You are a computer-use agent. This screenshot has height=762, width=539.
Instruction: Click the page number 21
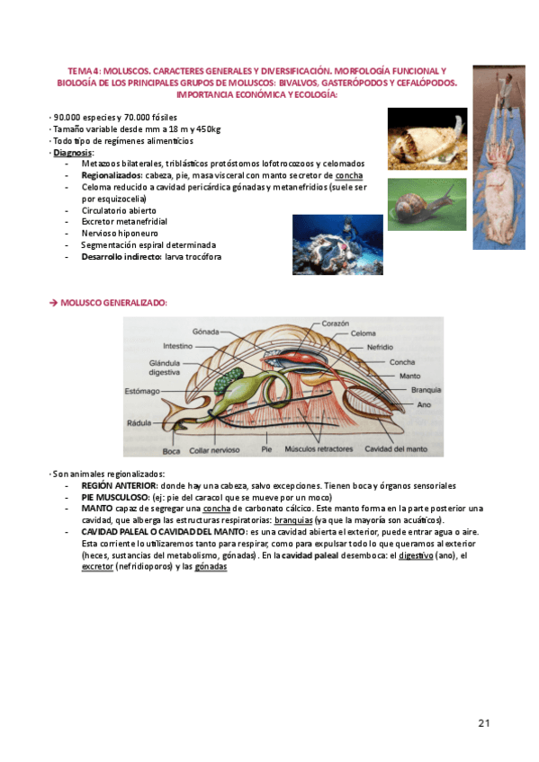(x=483, y=723)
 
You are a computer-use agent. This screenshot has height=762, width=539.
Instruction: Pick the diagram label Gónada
(x=206, y=331)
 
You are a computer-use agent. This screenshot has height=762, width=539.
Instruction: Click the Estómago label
(x=143, y=391)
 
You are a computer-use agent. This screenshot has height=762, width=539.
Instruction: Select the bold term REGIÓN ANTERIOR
(x=119, y=484)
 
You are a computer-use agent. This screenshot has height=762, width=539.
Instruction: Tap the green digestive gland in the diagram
(x=206, y=376)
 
